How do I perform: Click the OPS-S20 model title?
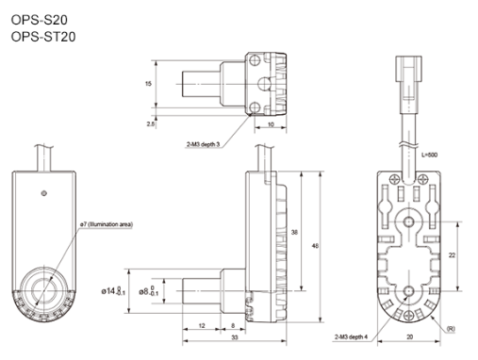tap(40, 20)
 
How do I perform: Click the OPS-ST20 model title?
tap(43, 37)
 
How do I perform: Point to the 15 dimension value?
tap(148, 84)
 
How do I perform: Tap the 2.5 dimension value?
tap(151, 124)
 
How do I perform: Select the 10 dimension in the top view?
tap(271, 124)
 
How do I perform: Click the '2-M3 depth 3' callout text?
tap(203, 144)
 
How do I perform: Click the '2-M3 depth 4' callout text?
tap(351, 337)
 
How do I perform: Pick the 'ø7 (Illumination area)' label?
tap(107, 224)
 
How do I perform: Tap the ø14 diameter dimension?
tap(113, 291)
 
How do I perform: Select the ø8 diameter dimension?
tap(149, 291)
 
